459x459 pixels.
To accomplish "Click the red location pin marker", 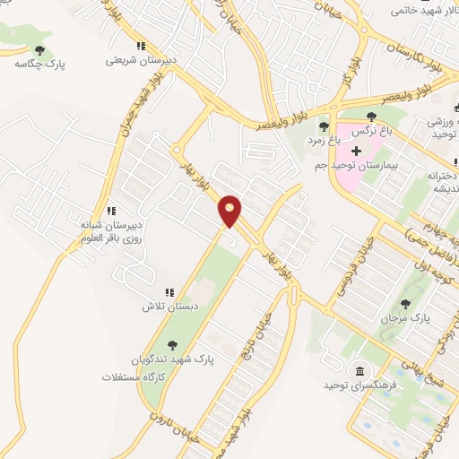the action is pos(230,211).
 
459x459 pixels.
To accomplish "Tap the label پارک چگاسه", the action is pos(39,65).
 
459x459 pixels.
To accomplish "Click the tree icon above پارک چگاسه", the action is pos(39,49).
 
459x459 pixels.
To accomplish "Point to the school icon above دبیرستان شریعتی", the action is pos(140,46).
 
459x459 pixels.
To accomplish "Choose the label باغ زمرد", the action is pos(324,140).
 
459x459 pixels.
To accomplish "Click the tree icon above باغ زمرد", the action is pos(324,126).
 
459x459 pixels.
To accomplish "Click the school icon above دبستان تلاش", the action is pos(169,291).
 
